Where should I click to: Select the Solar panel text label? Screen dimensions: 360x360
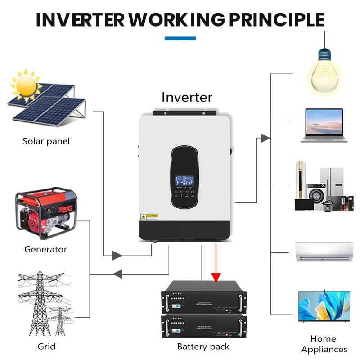coord(46,141)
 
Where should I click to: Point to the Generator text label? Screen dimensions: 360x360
coord(45,249)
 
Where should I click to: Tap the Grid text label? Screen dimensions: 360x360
coord(46,346)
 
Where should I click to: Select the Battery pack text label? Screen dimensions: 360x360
coord(203,346)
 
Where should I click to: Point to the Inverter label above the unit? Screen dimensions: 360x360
coord(187,97)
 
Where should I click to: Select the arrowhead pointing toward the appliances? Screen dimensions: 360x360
coord(265,138)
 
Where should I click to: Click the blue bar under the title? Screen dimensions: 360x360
coord(180,39)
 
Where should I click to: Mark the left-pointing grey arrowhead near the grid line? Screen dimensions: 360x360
coord(117,274)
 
